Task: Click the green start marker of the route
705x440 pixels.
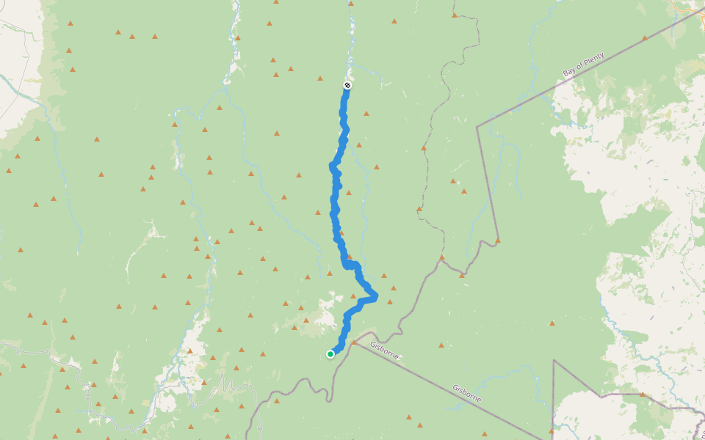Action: tap(330, 354)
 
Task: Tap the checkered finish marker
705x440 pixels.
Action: tap(347, 86)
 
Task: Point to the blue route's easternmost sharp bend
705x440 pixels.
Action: tap(375, 296)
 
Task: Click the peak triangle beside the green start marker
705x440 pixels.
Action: tap(353, 342)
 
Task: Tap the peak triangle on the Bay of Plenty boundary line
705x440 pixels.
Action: tap(645, 38)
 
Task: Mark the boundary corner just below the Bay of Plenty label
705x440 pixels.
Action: tap(477, 127)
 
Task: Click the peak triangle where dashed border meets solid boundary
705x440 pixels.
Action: tap(442, 257)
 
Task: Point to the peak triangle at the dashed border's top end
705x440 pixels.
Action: tap(455, 15)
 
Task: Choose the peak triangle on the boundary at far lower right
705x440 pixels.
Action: tap(642, 394)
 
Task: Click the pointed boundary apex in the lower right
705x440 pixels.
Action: tap(554, 361)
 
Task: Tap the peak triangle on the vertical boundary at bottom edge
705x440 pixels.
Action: tap(552, 430)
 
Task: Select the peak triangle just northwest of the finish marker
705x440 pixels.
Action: tap(320, 78)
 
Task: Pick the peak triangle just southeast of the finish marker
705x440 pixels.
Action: tap(366, 113)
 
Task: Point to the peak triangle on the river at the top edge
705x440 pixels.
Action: tap(350, 4)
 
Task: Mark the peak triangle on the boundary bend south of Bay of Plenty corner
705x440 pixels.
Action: tap(497, 240)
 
